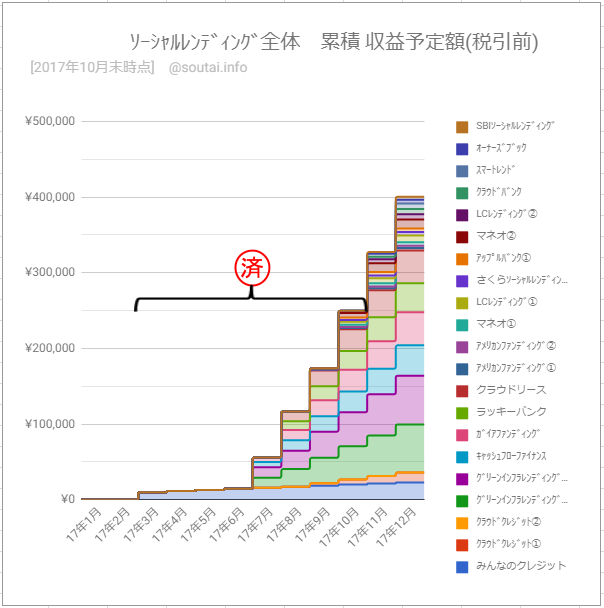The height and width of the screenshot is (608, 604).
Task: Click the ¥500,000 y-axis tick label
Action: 49,122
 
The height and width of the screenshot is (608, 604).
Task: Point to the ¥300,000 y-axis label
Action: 49,273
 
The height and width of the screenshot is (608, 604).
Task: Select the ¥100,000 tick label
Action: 49,424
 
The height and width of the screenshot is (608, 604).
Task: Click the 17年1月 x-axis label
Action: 84,524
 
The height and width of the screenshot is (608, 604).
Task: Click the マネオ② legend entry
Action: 496,236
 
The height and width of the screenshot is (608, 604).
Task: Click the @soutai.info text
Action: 208,68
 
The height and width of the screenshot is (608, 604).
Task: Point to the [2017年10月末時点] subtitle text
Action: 92,68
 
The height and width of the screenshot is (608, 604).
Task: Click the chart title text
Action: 334,42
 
